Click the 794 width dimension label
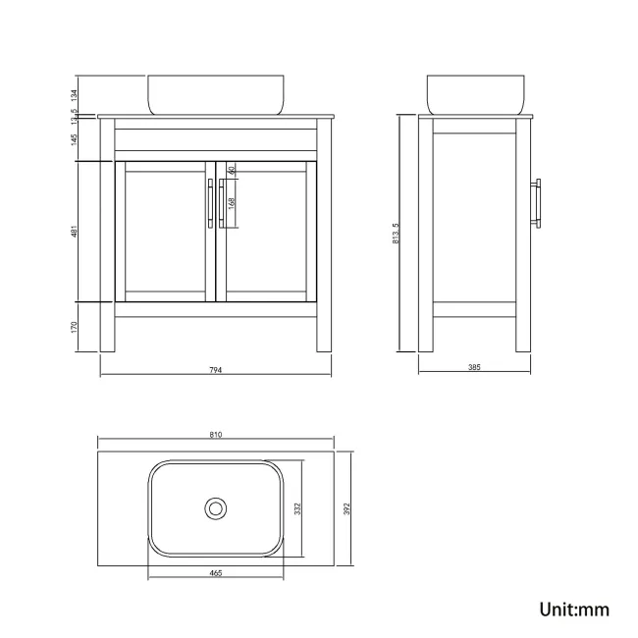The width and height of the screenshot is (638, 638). point(216,370)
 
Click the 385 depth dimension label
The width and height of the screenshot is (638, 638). point(473,367)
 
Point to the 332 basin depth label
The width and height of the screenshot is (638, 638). point(296,508)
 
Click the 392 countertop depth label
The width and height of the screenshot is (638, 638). point(346,508)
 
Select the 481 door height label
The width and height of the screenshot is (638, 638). point(75,232)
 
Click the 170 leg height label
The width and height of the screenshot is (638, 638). point(75,326)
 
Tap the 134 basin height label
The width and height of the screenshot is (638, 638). point(75,94)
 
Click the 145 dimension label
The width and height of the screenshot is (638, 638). point(75,140)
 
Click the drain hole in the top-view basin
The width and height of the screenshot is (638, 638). point(216,508)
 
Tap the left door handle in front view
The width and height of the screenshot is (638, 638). point(210,204)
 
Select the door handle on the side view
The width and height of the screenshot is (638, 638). point(536,204)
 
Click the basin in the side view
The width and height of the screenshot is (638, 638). point(473,94)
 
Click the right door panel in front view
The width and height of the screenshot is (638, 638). point(268,232)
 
